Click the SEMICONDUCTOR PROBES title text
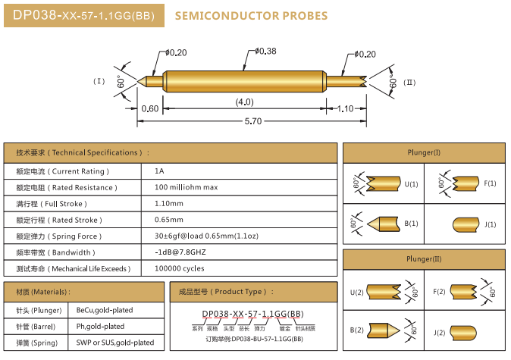tap(251, 15)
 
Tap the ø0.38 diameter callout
tap(266, 51)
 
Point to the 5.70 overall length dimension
tap(252, 121)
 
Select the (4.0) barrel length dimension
tap(244, 102)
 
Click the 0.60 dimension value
tap(150, 108)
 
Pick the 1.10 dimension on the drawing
tap(345, 108)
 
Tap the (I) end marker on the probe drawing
tap(99, 81)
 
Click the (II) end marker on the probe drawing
tap(409, 82)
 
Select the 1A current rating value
tap(158, 171)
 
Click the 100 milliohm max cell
tap(186, 187)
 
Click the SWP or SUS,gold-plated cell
tap(115, 343)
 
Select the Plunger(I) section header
tap(423, 152)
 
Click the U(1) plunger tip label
tap(411, 184)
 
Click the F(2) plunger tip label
tap(440, 292)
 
